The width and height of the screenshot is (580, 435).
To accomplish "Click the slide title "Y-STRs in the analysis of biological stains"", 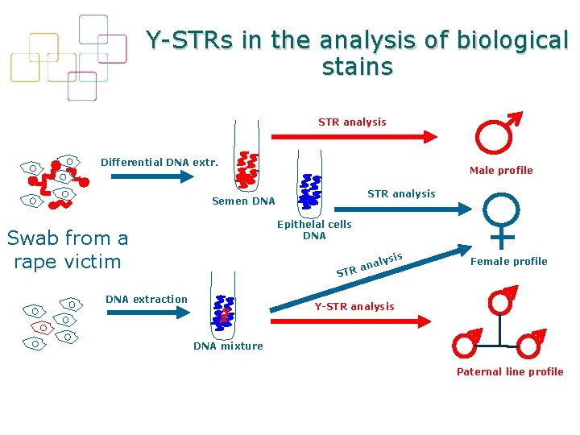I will [x=357, y=52].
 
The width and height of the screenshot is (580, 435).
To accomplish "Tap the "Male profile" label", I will [x=501, y=170].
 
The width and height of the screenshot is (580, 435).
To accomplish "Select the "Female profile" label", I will [x=508, y=261].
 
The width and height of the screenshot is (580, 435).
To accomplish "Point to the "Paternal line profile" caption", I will [x=510, y=371].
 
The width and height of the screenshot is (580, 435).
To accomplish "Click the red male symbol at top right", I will [x=495, y=135].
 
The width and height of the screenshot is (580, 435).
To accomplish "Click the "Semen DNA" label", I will [x=243, y=201].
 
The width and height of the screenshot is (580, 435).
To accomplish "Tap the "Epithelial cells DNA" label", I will [x=314, y=230].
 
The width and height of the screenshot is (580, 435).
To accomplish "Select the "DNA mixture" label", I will [x=228, y=346].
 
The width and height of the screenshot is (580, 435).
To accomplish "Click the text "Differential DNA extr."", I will [x=159, y=162].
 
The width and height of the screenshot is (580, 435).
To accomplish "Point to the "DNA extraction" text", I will [x=147, y=300].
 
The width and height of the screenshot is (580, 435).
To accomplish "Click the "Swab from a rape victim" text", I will [x=68, y=250].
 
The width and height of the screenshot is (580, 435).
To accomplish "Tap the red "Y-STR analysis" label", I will [x=354, y=306].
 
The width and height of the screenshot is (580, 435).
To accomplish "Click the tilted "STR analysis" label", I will [x=369, y=263].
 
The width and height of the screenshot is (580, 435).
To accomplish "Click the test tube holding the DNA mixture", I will [x=223, y=307].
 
